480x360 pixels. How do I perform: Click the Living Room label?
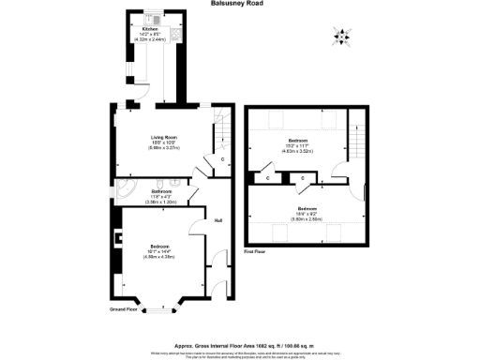point(164,138)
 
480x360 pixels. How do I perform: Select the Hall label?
point(217,221)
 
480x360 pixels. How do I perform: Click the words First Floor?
point(255,252)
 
